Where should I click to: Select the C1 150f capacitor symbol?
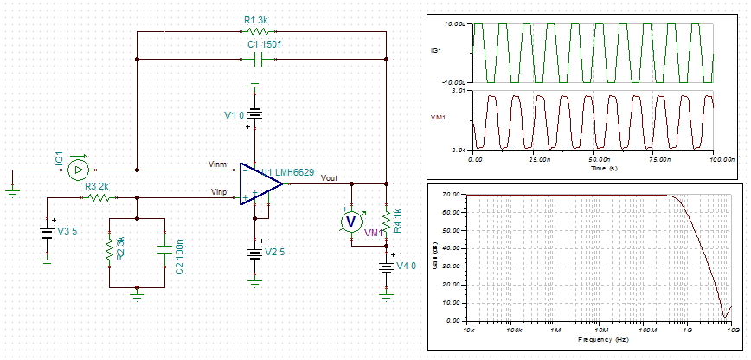(x=260, y=60)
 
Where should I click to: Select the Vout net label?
(x=330, y=177)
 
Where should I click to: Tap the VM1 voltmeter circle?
(x=351, y=222)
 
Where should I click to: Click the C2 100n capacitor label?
(x=179, y=251)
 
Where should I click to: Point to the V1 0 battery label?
(x=233, y=114)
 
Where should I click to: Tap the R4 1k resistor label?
(x=397, y=221)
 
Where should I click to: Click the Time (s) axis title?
(x=593, y=169)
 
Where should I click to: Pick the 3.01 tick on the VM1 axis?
(x=460, y=89)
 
